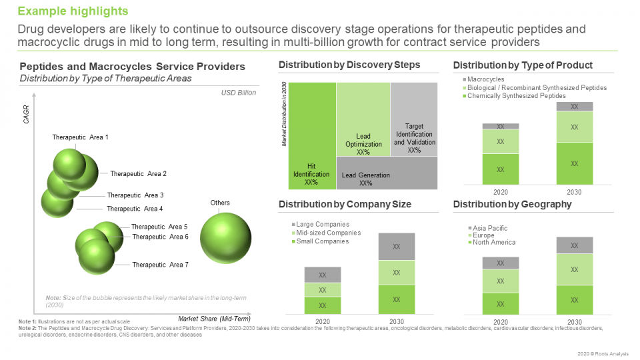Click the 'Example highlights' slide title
pos(73,11)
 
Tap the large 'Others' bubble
pos(225,238)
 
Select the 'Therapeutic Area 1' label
pos(80,137)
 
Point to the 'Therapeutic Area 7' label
pos(160,265)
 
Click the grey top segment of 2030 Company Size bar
pos(396,247)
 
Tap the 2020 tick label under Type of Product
pos(500,192)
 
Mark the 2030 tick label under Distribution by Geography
pos(574,322)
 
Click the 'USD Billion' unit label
pos(238,93)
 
